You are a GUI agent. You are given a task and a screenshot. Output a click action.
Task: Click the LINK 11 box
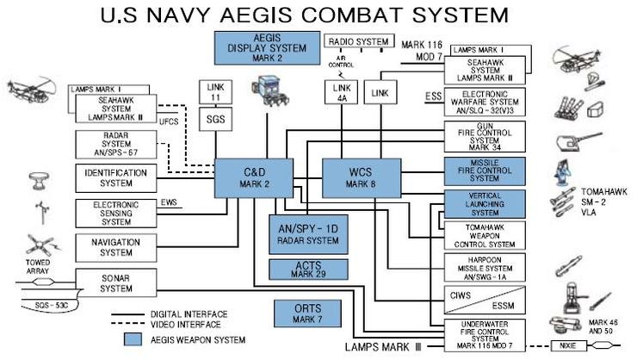[215, 92]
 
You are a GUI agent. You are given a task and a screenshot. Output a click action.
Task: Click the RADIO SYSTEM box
[359, 41]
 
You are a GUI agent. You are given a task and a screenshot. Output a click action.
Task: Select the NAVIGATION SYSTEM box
[114, 247]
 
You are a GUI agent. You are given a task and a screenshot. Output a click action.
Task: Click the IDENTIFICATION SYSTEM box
[114, 178]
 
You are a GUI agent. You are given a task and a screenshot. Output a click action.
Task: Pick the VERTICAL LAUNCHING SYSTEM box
[484, 203]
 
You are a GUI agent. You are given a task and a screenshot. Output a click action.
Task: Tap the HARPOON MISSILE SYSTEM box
[484, 269]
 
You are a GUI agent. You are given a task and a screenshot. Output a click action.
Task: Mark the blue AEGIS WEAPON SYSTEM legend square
[133, 338]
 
